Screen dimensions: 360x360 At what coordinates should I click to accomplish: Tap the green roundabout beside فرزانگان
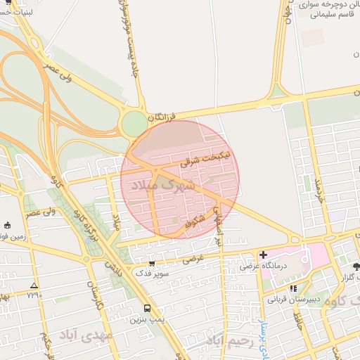tap(134, 125)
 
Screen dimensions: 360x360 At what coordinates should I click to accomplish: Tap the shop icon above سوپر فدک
tap(151, 264)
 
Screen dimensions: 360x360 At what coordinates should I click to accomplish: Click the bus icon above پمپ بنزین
tap(147, 308)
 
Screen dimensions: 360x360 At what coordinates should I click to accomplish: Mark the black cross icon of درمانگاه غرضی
tap(263, 255)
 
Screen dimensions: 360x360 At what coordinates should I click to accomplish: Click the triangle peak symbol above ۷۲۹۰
tap(34, 285)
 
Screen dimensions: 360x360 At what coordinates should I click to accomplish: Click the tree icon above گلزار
tap(356, 266)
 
